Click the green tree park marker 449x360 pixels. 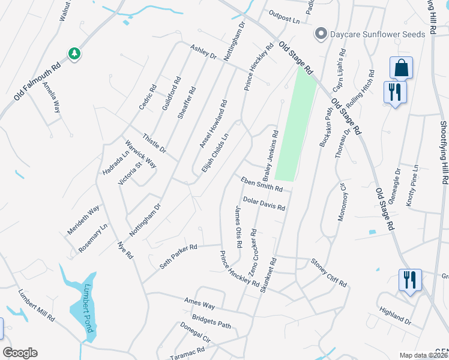coord(75,54)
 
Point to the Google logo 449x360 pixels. coord(20,353)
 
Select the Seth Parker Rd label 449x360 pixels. coord(178,256)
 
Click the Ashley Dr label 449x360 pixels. coord(203,52)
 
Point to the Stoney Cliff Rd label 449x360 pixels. coord(328,272)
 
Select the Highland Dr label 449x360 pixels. coord(396,316)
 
